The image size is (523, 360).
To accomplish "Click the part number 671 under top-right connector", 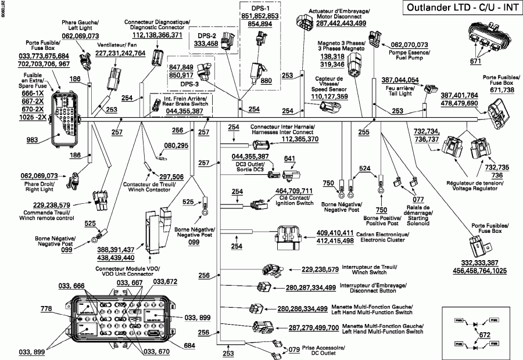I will [x=476, y=60].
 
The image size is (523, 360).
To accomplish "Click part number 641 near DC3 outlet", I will [x=289, y=159].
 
